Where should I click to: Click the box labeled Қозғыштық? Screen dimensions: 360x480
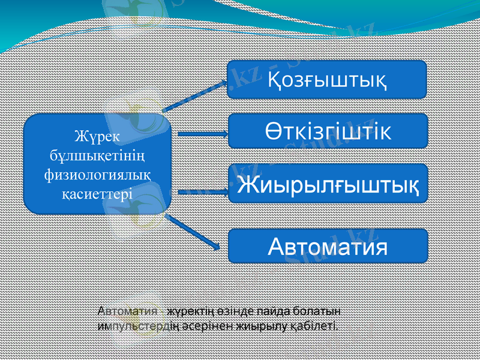tap(327, 79)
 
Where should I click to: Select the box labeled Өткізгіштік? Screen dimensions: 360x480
tap(328, 131)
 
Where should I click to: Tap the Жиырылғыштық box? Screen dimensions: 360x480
tap(328, 183)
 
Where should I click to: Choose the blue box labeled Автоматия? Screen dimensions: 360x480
tap(328, 245)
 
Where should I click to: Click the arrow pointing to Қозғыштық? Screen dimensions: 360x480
tap(195, 95)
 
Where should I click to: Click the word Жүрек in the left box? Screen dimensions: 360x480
tap(97, 136)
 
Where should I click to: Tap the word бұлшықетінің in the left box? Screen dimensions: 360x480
tap(97, 155)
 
